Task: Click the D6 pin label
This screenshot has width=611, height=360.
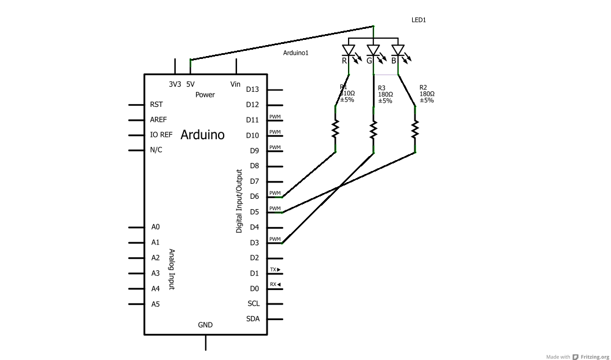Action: click(254, 196)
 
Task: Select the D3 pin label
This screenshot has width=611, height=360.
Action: click(254, 243)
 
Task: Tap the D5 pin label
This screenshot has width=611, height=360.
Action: click(254, 212)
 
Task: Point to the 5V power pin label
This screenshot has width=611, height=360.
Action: click(190, 84)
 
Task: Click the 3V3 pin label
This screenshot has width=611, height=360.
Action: click(175, 84)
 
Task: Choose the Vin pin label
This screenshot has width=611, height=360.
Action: click(235, 84)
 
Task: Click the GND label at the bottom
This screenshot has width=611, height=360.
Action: click(205, 325)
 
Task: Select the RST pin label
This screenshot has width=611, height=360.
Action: click(156, 105)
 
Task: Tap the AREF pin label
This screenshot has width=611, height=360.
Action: click(158, 120)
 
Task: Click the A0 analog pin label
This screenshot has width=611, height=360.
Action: click(155, 227)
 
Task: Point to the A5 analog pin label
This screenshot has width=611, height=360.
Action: click(155, 304)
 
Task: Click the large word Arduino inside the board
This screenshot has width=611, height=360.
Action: click(202, 135)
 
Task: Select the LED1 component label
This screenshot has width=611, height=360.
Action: click(419, 20)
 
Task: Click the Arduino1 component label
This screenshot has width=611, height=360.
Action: click(296, 53)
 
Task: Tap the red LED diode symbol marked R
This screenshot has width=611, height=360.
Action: click(348, 51)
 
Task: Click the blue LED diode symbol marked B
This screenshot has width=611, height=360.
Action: click(398, 51)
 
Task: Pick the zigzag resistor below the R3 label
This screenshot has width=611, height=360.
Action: click(374, 129)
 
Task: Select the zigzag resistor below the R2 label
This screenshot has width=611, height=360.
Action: click(415, 129)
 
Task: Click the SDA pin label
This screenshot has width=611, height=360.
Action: click(253, 319)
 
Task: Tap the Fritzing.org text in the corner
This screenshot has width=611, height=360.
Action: click(595, 357)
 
